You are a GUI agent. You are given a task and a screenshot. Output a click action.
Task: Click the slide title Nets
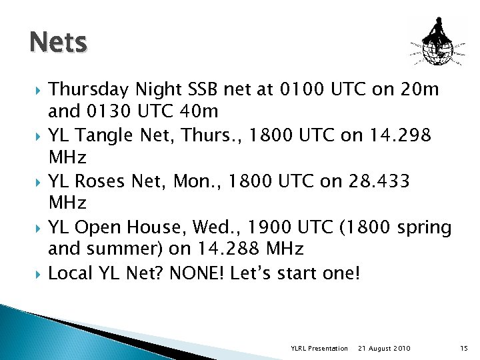coord(58,43)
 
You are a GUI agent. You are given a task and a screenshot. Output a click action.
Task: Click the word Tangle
coord(106,135)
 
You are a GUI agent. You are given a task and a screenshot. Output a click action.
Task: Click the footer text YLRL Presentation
coord(319,349)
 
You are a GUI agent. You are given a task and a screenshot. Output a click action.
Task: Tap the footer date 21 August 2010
coord(384,349)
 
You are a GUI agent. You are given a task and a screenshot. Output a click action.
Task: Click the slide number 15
coord(464,349)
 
